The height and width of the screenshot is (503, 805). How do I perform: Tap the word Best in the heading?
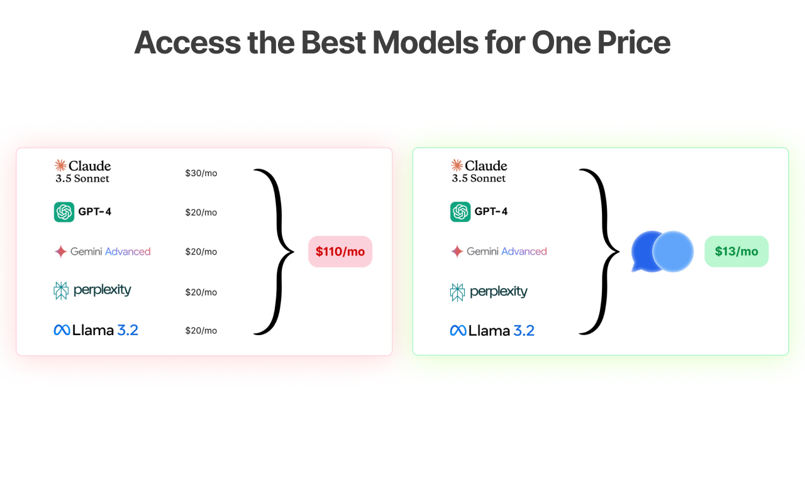pyautogui.click(x=333, y=42)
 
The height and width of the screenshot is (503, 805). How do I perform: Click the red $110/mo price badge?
pyautogui.click(x=340, y=251)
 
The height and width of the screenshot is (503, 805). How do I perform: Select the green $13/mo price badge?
pyautogui.click(x=736, y=251)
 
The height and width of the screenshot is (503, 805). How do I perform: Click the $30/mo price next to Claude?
pyautogui.click(x=201, y=173)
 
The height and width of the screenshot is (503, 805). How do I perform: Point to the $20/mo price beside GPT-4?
pyautogui.click(x=201, y=213)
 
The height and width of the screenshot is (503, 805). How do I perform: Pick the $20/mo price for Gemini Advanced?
pyautogui.click(x=201, y=251)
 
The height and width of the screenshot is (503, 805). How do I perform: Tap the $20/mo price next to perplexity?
pyautogui.click(x=201, y=292)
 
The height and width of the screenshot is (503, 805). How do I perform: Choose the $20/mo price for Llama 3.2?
pyautogui.click(x=201, y=331)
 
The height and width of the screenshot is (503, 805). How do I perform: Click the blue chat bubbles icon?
pyautogui.click(x=662, y=251)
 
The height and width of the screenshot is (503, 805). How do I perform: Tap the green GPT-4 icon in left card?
pyautogui.click(x=64, y=212)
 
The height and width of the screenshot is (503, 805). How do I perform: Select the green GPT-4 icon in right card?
pyautogui.click(x=460, y=212)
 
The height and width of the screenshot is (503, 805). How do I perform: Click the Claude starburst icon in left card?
pyautogui.click(x=60, y=165)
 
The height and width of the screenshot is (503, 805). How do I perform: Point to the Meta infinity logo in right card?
pyautogui.click(x=458, y=331)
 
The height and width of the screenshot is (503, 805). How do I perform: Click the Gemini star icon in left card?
pyautogui.click(x=61, y=251)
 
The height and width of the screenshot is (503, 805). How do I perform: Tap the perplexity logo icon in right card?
pyautogui.click(x=457, y=292)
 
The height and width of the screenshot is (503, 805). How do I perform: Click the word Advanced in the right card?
pyautogui.click(x=524, y=251)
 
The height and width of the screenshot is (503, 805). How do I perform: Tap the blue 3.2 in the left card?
pyautogui.click(x=128, y=330)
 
